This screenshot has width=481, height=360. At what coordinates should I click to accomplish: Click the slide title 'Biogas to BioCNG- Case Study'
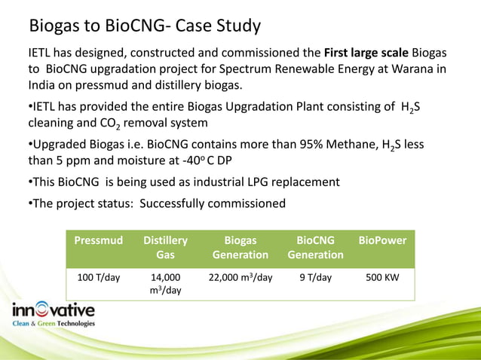click(x=145, y=26)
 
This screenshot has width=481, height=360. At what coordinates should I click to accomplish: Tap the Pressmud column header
click(x=97, y=241)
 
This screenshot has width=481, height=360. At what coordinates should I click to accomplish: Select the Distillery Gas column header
click(x=165, y=248)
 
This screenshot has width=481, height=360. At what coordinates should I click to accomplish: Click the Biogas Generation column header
click(x=240, y=248)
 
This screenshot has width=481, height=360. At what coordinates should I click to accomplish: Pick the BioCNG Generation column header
click(x=314, y=248)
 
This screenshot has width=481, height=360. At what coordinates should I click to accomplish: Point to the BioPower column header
click(x=382, y=241)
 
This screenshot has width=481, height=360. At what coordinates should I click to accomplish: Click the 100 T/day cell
click(x=97, y=277)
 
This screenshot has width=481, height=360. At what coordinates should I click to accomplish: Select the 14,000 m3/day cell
click(x=165, y=283)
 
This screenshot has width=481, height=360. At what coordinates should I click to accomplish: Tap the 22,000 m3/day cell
click(x=240, y=277)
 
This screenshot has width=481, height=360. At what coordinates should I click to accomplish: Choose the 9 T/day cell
click(x=314, y=277)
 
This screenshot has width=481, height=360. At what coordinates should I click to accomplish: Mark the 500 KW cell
click(x=382, y=277)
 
